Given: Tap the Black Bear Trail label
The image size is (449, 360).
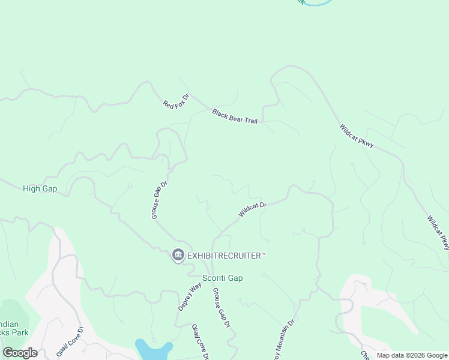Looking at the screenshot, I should tap(234, 116).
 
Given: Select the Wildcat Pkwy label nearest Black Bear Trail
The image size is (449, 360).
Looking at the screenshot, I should tap(356, 136).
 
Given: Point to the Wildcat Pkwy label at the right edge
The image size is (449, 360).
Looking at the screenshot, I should tap(438, 233).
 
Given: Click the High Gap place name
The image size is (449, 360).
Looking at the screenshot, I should tap(40, 188).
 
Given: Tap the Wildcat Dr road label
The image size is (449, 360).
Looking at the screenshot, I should tap(252, 209).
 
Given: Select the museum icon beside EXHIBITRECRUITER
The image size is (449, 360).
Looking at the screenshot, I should tap(178, 256).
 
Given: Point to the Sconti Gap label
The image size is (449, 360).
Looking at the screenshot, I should tap(222, 278).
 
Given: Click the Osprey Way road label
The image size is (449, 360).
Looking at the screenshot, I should tap(188, 296).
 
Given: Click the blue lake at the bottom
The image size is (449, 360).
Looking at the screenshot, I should tap(153, 349).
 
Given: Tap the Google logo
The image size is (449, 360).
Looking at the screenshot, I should tap(20, 353).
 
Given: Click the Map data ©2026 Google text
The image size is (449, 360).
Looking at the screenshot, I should tap(412, 355).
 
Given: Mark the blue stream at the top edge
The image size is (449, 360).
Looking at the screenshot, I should tap(318, 2).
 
